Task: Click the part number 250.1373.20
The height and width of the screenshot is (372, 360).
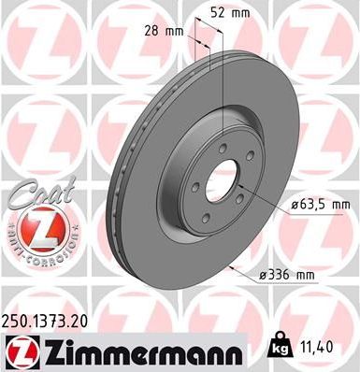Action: coord(48,320)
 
